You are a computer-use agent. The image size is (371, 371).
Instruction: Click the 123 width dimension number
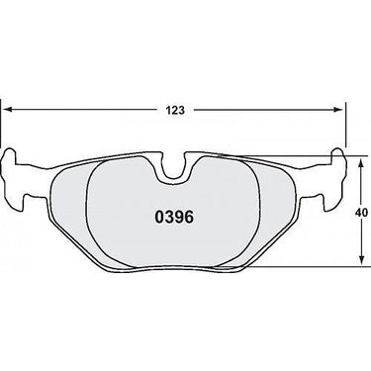175,110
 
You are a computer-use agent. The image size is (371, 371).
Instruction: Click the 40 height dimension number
362,213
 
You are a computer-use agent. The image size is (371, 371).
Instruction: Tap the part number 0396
174,217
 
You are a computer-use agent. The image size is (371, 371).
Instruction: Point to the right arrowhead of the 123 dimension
338,110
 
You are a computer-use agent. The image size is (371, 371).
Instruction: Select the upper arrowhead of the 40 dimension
362,162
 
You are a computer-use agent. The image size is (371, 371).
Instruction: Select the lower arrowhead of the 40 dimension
362,259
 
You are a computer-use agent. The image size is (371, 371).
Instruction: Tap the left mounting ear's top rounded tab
10,154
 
